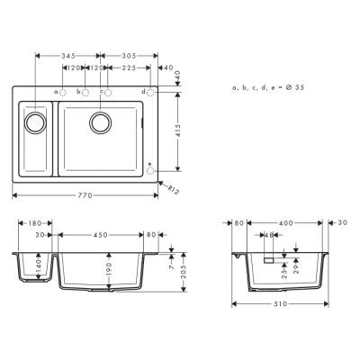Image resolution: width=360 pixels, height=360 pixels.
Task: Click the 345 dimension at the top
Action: pyautogui.click(x=68, y=55)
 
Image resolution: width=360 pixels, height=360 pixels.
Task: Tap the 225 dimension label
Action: pyautogui.click(x=129, y=67)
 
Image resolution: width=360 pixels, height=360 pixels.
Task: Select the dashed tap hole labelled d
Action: pyautogui.click(x=150, y=92)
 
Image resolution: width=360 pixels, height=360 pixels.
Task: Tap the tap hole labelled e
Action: pyautogui.click(x=150, y=166)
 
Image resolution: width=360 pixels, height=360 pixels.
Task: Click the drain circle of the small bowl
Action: pyautogui.click(x=36, y=121)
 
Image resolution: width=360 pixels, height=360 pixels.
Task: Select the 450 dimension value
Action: pyautogui.click(x=101, y=235)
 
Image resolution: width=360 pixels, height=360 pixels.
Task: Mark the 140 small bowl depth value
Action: pyautogui.click(x=40, y=267)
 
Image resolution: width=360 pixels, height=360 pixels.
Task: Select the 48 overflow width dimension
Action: pyautogui.click(x=269, y=235)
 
